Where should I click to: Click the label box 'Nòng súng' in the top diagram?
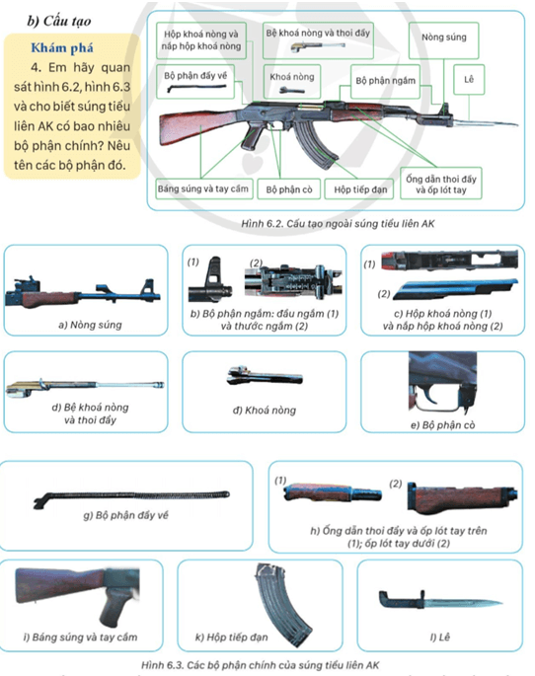[443, 40]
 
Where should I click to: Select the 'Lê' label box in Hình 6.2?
[469, 79]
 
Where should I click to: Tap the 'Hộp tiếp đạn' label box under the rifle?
[359, 189]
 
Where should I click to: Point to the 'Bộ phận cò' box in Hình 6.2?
[289, 189]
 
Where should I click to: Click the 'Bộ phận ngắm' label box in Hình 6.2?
[385, 81]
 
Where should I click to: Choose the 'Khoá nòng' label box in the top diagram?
[292, 82]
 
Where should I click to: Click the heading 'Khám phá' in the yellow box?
[62, 47]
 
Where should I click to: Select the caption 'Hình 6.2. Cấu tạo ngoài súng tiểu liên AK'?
[338, 223]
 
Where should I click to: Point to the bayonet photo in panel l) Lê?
[439, 601]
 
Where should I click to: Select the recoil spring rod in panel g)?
[131, 498]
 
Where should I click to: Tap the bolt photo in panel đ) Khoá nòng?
[265, 376]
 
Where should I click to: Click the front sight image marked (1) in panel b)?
[209, 280]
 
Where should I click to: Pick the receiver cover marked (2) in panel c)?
[455, 288]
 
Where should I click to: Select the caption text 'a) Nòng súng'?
[90, 325]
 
